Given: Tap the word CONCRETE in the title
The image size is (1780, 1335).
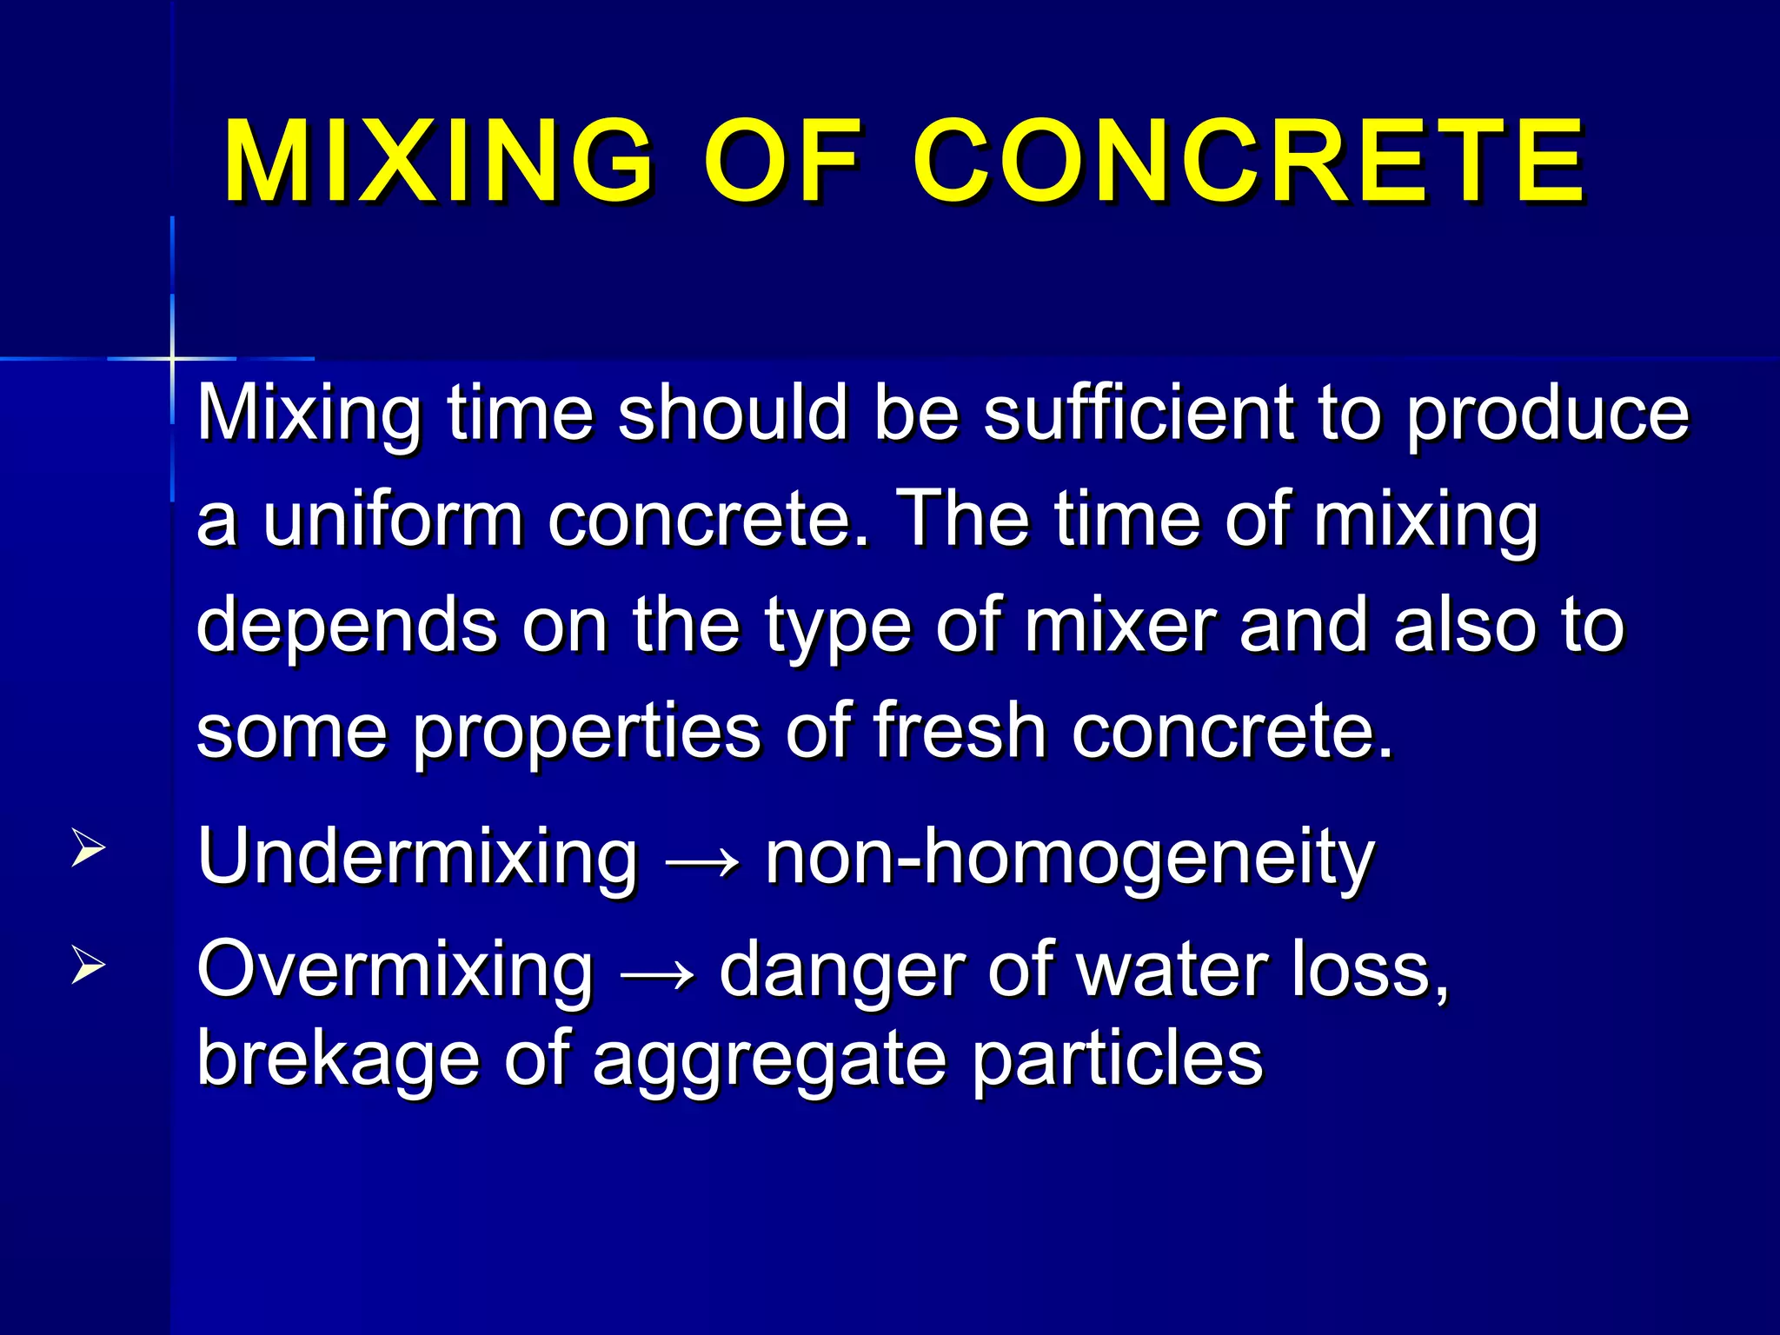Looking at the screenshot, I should click(1249, 163).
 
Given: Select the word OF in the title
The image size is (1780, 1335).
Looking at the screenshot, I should click(783, 163).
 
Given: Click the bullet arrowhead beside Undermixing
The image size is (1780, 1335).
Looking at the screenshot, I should click(88, 847).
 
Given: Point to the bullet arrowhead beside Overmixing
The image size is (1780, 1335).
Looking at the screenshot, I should click(88, 965).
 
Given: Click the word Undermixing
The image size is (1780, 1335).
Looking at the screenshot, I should click(417, 858).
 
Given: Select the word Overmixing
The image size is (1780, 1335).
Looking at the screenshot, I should click(395, 971).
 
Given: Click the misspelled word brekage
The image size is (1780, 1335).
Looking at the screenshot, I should click(338, 1059).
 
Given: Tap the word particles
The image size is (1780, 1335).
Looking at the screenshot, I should click(1117, 1059).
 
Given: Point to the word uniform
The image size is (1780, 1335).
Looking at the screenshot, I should click(393, 520).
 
